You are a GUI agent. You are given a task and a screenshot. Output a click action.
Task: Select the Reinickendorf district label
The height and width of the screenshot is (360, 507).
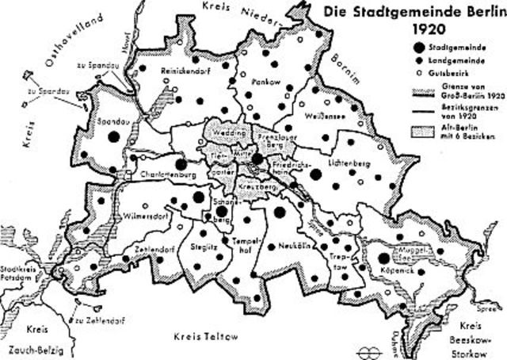[x=184, y=70]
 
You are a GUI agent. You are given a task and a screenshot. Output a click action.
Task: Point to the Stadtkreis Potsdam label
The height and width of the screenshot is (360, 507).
[x=21, y=274]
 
